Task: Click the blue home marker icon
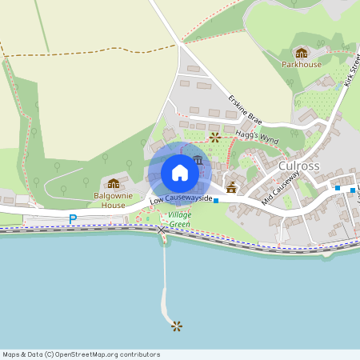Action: click(x=180, y=173)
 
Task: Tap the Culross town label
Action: click(x=299, y=166)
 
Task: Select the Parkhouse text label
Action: click(x=301, y=64)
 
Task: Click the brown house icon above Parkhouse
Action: click(x=301, y=52)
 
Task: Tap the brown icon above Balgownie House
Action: click(x=113, y=183)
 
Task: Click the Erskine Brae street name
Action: click(x=245, y=110)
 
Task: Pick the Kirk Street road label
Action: click(x=353, y=72)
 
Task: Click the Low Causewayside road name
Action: click(x=180, y=198)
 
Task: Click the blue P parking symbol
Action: click(x=73, y=218)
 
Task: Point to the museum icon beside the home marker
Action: click(x=198, y=160)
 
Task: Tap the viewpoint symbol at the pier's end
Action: click(x=176, y=325)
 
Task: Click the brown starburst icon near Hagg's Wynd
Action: click(x=214, y=138)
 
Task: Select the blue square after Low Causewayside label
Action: click(x=216, y=201)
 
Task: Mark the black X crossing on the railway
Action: click(x=162, y=230)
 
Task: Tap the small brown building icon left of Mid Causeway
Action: click(x=231, y=187)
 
